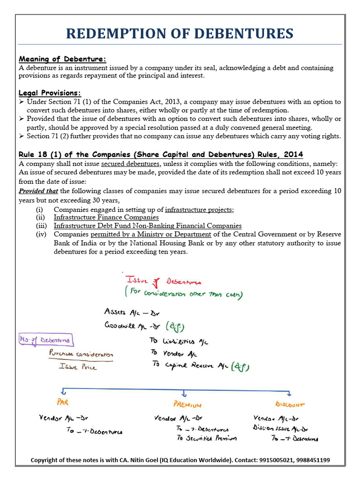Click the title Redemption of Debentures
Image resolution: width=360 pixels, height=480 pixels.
pyautogui.click(x=180, y=33)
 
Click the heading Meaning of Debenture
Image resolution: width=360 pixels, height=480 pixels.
pyautogui.click(x=62, y=59)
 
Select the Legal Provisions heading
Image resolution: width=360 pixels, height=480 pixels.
pyautogui.click(x=50, y=93)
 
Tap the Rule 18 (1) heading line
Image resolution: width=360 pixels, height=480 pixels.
pyautogui.click(x=161, y=154)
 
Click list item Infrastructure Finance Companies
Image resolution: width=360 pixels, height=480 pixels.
pyautogui.click(x=106, y=217)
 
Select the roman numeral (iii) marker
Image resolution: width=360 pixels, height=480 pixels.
pyautogui.click(x=42, y=226)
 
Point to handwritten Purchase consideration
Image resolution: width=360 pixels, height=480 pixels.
pyautogui.click(x=81, y=354)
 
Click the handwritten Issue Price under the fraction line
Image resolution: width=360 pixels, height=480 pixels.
pyautogui.click(x=78, y=367)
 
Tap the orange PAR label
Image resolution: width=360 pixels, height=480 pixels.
pyautogui.click(x=63, y=402)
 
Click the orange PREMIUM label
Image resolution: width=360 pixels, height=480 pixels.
pyautogui.click(x=187, y=404)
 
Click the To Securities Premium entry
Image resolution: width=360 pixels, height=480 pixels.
pyautogui.click(x=206, y=438)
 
